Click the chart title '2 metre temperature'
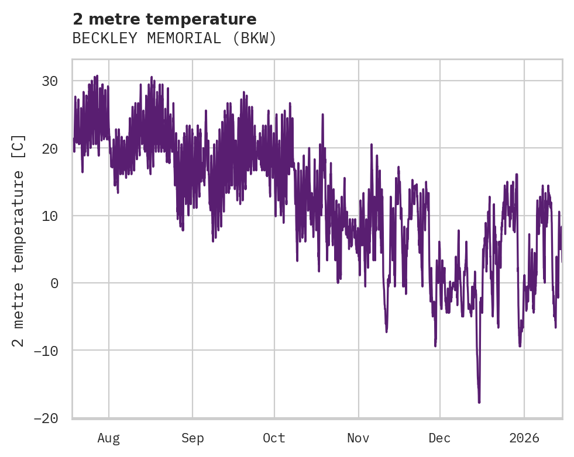164,19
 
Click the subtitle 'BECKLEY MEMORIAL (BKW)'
174,39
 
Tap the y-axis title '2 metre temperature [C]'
19,240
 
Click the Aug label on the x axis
109,438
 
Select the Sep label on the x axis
193,438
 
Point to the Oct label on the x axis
274,438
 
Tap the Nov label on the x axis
358,438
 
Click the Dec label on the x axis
439,438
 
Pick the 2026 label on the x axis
524,438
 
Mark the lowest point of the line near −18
479,402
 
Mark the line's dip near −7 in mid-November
387,331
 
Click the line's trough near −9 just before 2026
520,345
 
